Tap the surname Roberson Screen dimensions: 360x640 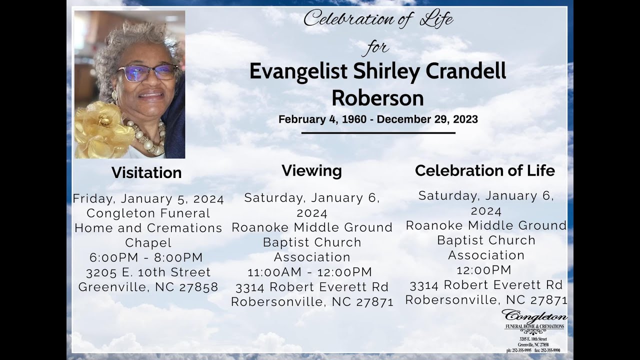[377, 98]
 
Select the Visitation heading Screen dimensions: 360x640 [146, 172]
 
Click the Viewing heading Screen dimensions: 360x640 [311, 170]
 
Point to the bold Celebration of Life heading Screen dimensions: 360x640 [484, 170]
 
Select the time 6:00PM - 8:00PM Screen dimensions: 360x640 [146, 257]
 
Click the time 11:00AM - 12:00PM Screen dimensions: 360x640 [310, 272]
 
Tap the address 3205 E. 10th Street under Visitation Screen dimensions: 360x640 [148, 272]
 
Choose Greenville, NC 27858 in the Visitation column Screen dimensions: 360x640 [148, 287]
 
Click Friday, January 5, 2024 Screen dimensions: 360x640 [148, 198]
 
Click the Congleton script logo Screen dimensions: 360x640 [534, 316]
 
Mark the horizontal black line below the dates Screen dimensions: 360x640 [378, 133]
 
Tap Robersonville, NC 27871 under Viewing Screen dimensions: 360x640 [312, 302]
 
